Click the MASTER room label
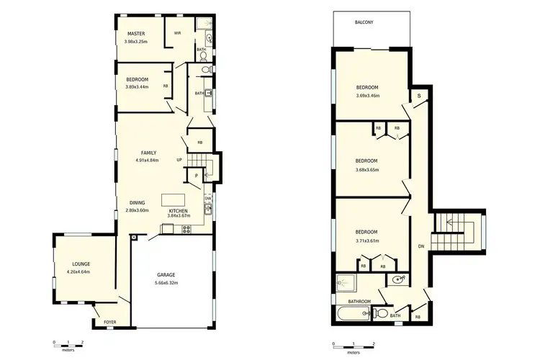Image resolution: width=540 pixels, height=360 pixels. tap(137, 34)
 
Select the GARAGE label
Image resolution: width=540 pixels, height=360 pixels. tap(166, 275)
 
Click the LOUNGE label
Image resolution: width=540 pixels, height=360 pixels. tap(80, 264)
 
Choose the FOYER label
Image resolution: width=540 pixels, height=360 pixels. tap(110, 322)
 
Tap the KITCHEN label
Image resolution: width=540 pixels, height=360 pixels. tap(178, 211)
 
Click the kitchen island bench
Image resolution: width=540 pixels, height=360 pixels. tap(173, 199)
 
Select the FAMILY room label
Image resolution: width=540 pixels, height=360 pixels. tap(148, 153)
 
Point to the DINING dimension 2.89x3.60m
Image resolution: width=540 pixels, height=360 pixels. tap(137, 210)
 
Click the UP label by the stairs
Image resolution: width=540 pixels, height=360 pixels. tap(179, 160)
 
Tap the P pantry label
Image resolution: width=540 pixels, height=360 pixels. tap(195, 175)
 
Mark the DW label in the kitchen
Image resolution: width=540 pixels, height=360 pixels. tap(207, 198)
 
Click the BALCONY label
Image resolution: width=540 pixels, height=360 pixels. tap(364, 22)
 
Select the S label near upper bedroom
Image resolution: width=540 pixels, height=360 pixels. tap(418, 96)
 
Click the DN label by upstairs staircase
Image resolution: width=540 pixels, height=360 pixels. tap(420, 246)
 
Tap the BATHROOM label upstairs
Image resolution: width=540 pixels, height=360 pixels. tap(359, 301)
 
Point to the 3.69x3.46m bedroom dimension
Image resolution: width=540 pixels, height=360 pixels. tap(367, 95)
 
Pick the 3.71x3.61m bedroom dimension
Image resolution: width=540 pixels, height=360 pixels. tap(367, 240)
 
